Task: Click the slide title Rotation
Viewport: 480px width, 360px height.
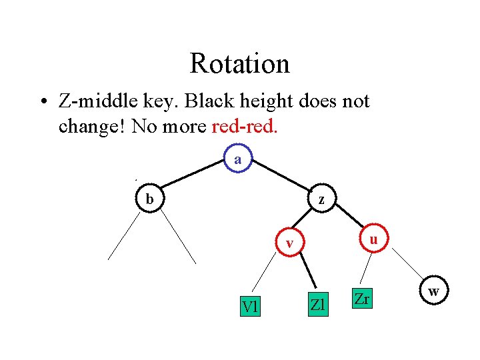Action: coord(239,64)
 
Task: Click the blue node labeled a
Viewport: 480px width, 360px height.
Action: coord(238,160)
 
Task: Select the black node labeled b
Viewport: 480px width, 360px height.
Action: coord(150,199)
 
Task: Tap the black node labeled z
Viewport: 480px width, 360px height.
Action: coord(321,199)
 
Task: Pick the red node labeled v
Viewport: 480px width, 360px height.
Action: coord(289,243)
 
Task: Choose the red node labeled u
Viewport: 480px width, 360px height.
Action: coord(374,239)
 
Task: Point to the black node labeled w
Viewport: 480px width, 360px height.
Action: coord(433,291)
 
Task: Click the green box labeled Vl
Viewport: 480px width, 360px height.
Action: coord(251,306)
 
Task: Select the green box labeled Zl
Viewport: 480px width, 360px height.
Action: coord(317,305)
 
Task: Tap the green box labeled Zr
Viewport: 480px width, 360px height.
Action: coord(362,299)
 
